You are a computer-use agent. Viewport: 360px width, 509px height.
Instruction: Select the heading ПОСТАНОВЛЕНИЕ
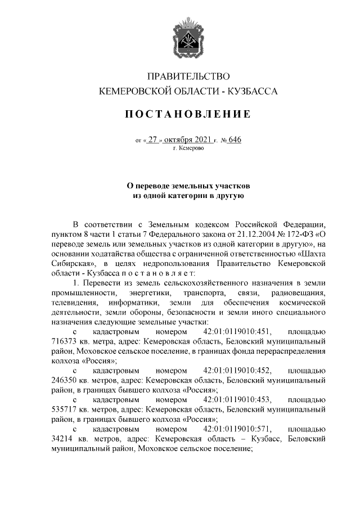(x=188, y=115)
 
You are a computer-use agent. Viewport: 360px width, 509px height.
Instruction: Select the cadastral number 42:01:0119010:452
(x=238, y=370)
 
